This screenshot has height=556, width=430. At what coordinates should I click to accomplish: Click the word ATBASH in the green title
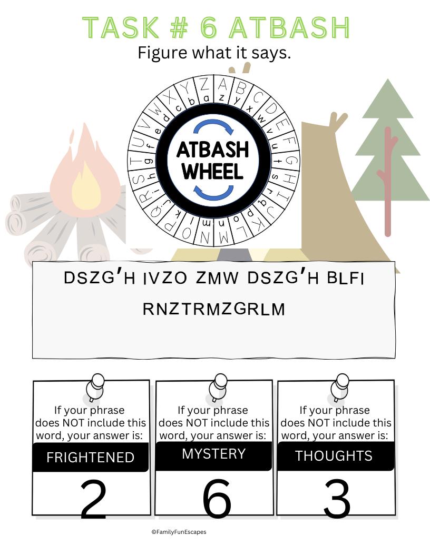click(x=289, y=28)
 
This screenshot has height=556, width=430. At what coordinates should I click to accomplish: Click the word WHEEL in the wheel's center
click(x=213, y=171)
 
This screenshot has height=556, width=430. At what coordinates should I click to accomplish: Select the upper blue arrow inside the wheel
click(x=214, y=126)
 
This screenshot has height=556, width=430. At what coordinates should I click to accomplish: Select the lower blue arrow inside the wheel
click(x=213, y=192)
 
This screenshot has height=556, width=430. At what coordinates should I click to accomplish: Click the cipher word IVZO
click(x=165, y=279)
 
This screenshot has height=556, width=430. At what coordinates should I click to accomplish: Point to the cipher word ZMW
click(x=217, y=278)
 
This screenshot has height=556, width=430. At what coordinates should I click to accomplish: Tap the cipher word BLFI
click(x=346, y=279)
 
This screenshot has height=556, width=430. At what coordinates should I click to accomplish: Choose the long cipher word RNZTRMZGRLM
click(x=214, y=309)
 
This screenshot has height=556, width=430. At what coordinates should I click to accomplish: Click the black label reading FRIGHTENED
click(x=91, y=457)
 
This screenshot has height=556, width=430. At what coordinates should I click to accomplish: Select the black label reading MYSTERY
click(x=213, y=455)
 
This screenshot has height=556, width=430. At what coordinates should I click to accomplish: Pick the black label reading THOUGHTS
click(x=335, y=455)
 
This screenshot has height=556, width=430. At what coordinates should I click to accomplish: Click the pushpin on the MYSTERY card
click(x=217, y=387)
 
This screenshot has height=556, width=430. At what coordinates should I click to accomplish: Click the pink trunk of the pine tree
click(x=388, y=181)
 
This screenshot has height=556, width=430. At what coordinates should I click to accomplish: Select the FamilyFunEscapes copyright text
click(x=179, y=532)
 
